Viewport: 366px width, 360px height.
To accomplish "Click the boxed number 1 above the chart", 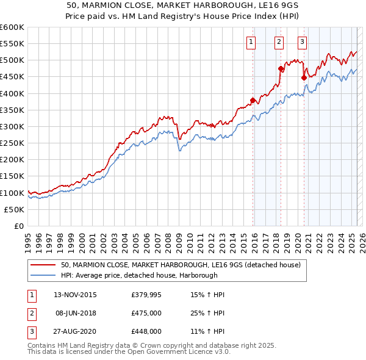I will tap(251, 42).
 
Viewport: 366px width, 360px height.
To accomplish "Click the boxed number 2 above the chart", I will tap(278, 42).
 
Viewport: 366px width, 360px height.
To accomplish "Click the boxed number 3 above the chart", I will tap(302, 42).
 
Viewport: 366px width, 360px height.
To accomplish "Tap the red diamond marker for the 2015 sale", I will tap(253, 100).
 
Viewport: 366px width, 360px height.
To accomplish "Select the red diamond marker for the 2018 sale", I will tap(281, 68).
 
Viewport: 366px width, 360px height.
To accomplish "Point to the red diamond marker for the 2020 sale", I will tap(304, 77).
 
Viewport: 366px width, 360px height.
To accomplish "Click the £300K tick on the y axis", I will tap(13, 126).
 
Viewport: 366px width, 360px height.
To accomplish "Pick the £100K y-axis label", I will tap(13, 193).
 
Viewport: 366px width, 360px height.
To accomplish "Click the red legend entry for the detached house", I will tap(181, 265).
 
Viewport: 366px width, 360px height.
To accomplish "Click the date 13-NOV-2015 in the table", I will tap(75, 295).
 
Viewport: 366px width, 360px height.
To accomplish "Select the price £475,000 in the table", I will tap(146, 313).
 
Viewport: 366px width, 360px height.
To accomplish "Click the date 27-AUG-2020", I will tap(75, 331).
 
